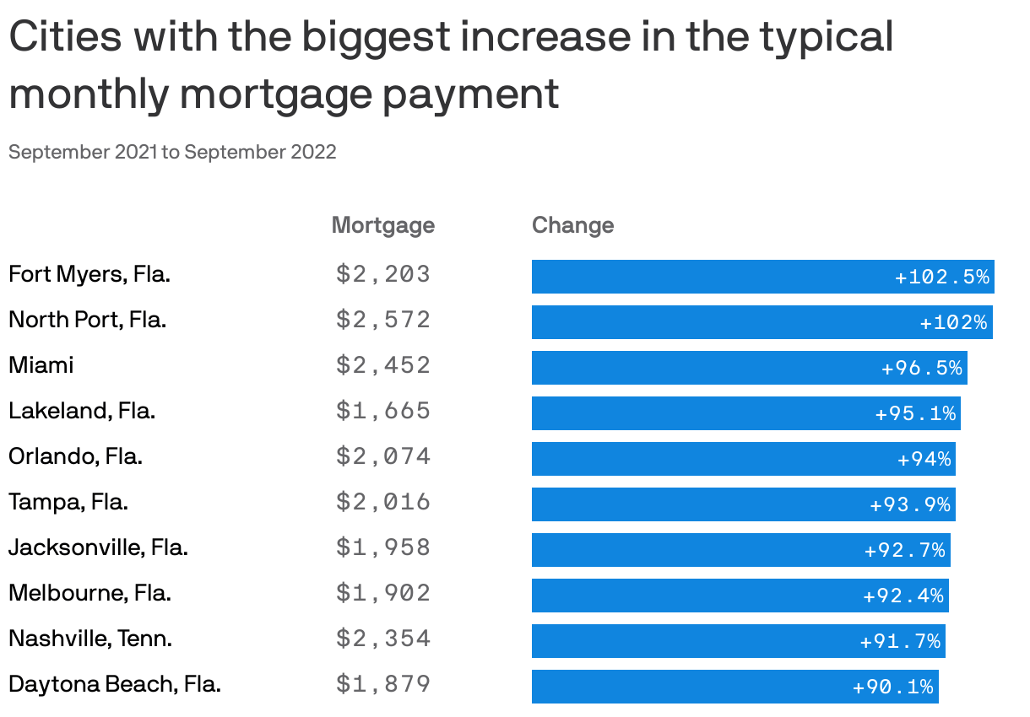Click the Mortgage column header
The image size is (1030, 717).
pos(382,225)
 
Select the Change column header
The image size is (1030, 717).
pos(572,225)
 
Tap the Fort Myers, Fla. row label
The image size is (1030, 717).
pos(89,274)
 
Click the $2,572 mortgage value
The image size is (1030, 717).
pos(383,320)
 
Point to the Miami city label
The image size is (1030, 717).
pos(41,365)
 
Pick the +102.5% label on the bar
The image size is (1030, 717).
pos(941,277)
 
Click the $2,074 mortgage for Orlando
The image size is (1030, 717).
pos(383,456)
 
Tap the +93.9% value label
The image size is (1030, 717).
pos(909,504)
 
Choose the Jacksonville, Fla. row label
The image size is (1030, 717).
pos(98,547)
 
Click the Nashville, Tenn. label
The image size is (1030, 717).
pos(90,639)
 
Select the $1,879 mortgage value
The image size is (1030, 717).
pos(383,684)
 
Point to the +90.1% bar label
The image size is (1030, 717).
pos(892,687)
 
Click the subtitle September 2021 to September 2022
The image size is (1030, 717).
pos(172,152)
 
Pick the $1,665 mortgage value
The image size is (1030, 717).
pos(383,411)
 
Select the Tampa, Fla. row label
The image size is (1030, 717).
pos(68,502)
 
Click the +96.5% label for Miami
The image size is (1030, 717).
pos(921,368)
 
